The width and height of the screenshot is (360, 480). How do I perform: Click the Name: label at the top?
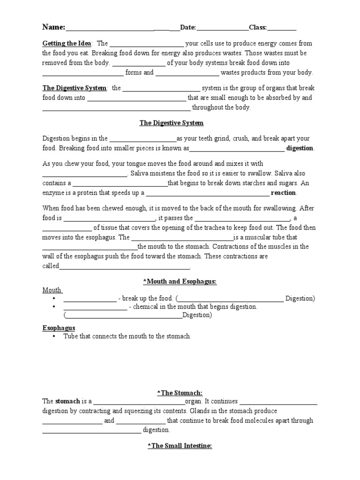(x=54, y=27)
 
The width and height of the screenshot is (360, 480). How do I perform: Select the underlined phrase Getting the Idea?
(x=67, y=43)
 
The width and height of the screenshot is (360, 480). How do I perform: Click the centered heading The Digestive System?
(x=172, y=123)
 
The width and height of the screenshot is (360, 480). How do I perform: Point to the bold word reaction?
(x=283, y=193)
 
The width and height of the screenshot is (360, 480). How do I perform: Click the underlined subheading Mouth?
(x=52, y=290)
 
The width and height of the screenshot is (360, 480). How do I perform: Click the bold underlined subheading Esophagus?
(x=59, y=328)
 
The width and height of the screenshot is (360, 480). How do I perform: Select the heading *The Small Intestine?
(x=180, y=446)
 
